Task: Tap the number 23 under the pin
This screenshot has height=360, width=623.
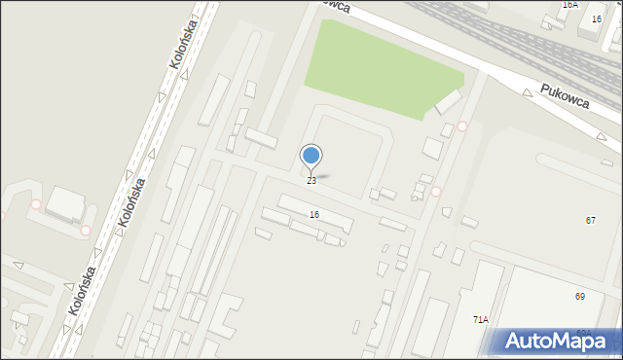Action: coord(311,181)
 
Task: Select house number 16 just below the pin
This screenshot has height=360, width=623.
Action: coord(313,214)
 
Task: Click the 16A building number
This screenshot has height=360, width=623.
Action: coord(570,5)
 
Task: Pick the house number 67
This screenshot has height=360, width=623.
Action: coord(591,221)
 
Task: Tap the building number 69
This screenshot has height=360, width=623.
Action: coord(580,296)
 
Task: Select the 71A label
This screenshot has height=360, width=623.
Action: coord(481,319)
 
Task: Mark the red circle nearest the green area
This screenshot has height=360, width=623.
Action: coord(462,126)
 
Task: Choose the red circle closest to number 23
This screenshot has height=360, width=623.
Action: coord(436,191)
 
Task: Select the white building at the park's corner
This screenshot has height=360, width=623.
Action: coord(449,101)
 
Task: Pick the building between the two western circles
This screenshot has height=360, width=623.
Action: coord(65,204)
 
